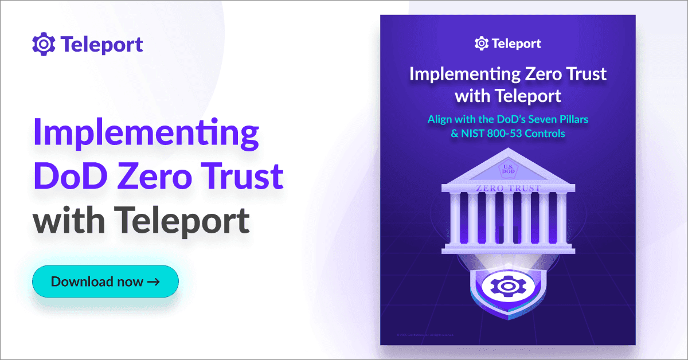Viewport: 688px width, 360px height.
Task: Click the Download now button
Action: pyautogui.click(x=105, y=281)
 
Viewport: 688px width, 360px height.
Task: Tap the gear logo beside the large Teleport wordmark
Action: pyautogui.click(x=43, y=44)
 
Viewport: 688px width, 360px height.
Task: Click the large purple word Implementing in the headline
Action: pyautogui.click(x=146, y=134)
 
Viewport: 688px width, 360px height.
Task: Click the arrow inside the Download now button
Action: pyautogui.click(x=153, y=281)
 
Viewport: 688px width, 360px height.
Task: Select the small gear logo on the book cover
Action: pyautogui.click(x=482, y=44)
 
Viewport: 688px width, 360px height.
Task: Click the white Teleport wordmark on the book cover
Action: pyautogui.click(x=515, y=44)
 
